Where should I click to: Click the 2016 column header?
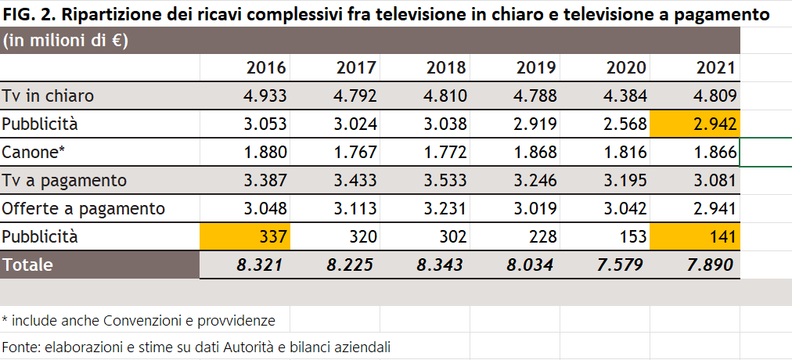266,67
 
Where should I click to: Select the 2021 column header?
716,67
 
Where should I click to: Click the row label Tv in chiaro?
48,95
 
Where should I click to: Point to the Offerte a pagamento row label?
83,209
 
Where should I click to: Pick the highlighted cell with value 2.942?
695,124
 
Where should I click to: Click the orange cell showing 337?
245,236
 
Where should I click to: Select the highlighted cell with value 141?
695,236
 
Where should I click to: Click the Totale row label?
27,265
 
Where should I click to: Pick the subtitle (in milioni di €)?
66,41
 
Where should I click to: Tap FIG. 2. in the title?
30,14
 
